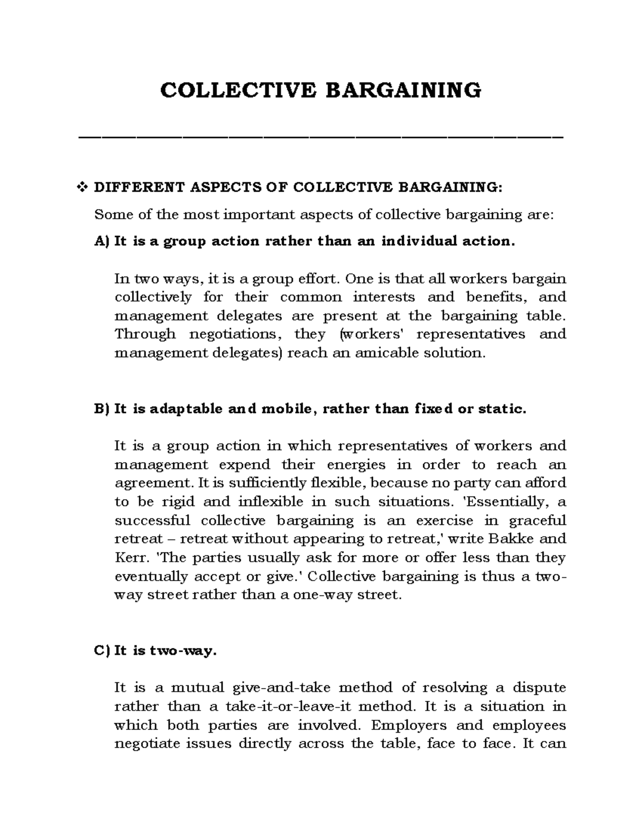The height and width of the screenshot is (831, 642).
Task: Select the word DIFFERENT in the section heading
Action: click(x=139, y=187)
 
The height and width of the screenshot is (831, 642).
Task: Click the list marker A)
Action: click(x=101, y=241)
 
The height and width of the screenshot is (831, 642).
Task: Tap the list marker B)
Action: click(x=101, y=409)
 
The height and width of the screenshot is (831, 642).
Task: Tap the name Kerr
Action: click(x=128, y=558)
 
